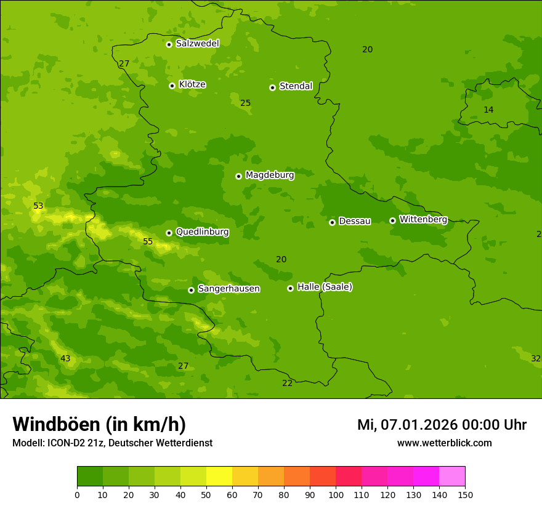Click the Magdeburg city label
270,175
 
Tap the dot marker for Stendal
272,87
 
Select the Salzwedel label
197,44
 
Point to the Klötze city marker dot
172,86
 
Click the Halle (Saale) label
325,287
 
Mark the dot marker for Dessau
332,222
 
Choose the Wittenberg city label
423,220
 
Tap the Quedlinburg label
202,232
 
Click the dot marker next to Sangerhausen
191,290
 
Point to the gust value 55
148,241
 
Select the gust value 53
38,206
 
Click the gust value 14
488,110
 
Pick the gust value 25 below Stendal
245,103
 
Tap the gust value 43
65,358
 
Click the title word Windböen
56,424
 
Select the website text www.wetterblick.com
444,443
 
